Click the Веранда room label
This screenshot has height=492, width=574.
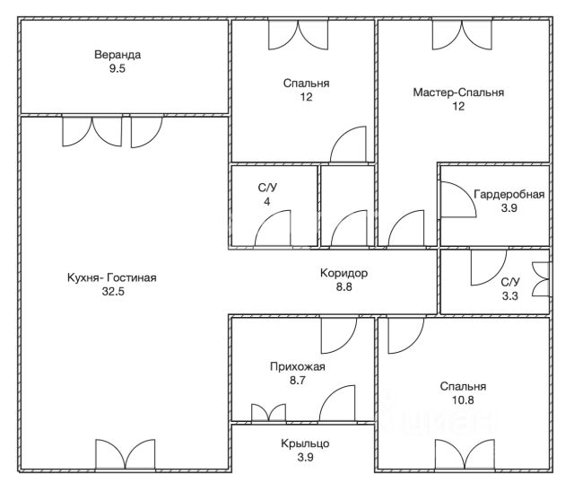[117, 55]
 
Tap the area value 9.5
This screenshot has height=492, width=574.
[117, 68]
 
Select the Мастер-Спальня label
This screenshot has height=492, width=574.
[458, 92]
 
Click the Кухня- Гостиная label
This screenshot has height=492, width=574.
[111, 277]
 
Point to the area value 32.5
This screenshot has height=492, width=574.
[113, 292]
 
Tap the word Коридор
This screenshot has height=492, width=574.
[344, 273]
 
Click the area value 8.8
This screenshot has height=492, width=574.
[344, 286]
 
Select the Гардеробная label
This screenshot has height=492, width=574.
[509, 194]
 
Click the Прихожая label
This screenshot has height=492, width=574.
[297, 366]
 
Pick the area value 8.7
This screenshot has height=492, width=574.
[297, 381]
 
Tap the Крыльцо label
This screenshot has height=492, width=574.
[305, 444]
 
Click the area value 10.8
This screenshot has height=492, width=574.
[463, 400]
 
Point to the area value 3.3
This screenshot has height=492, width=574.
[509, 296]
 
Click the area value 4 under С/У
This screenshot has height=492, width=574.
[267, 202]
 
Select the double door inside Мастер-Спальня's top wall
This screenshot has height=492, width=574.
[463, 35]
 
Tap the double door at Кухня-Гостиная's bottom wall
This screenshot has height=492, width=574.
[126, 454]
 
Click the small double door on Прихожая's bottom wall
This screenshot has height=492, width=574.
[269, 413]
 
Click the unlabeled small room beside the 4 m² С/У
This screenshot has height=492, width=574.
[348, 206]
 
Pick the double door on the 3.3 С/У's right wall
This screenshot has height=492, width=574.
[541, 279]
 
